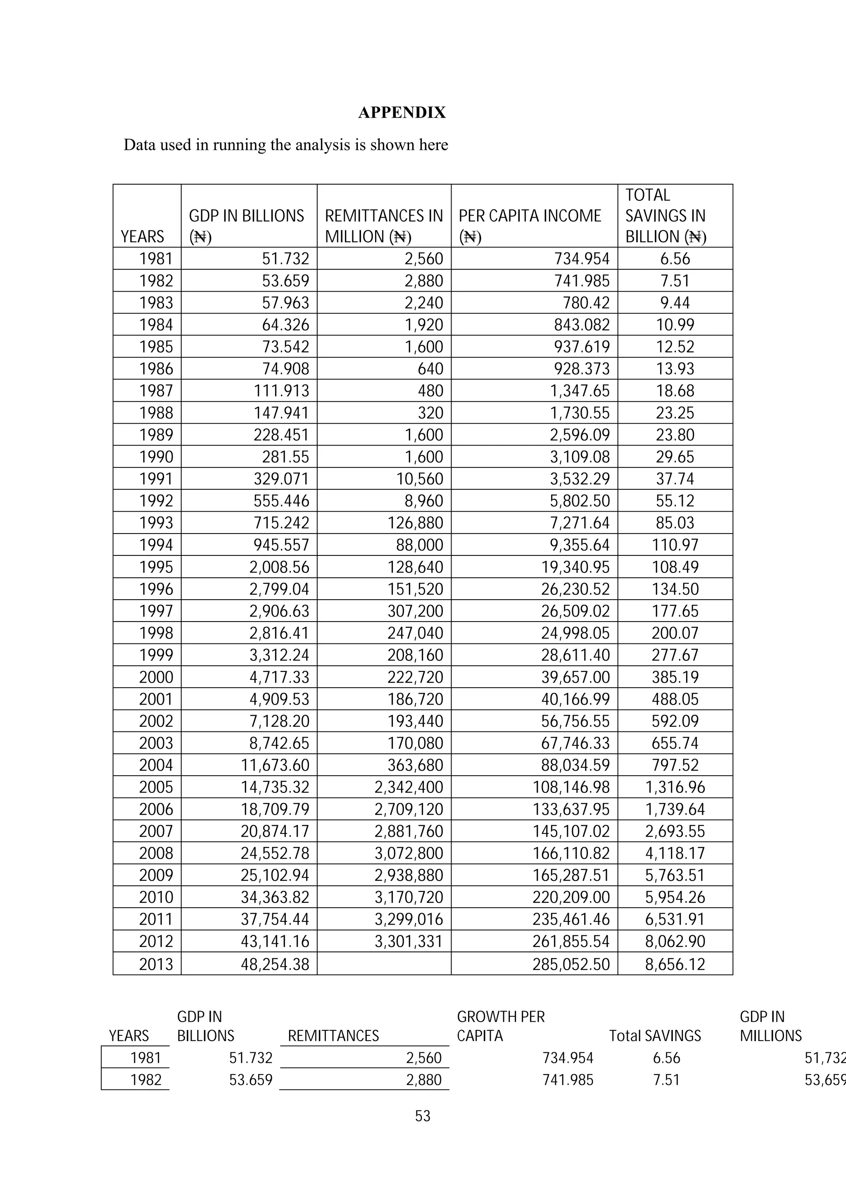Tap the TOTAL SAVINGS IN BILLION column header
665,216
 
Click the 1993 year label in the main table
155,522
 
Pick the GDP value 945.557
281,545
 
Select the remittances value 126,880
415,522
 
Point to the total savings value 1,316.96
675,787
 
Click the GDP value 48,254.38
275,964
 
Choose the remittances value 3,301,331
409,941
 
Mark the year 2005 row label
155,787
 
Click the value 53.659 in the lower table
251,1080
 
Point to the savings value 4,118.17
675,853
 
